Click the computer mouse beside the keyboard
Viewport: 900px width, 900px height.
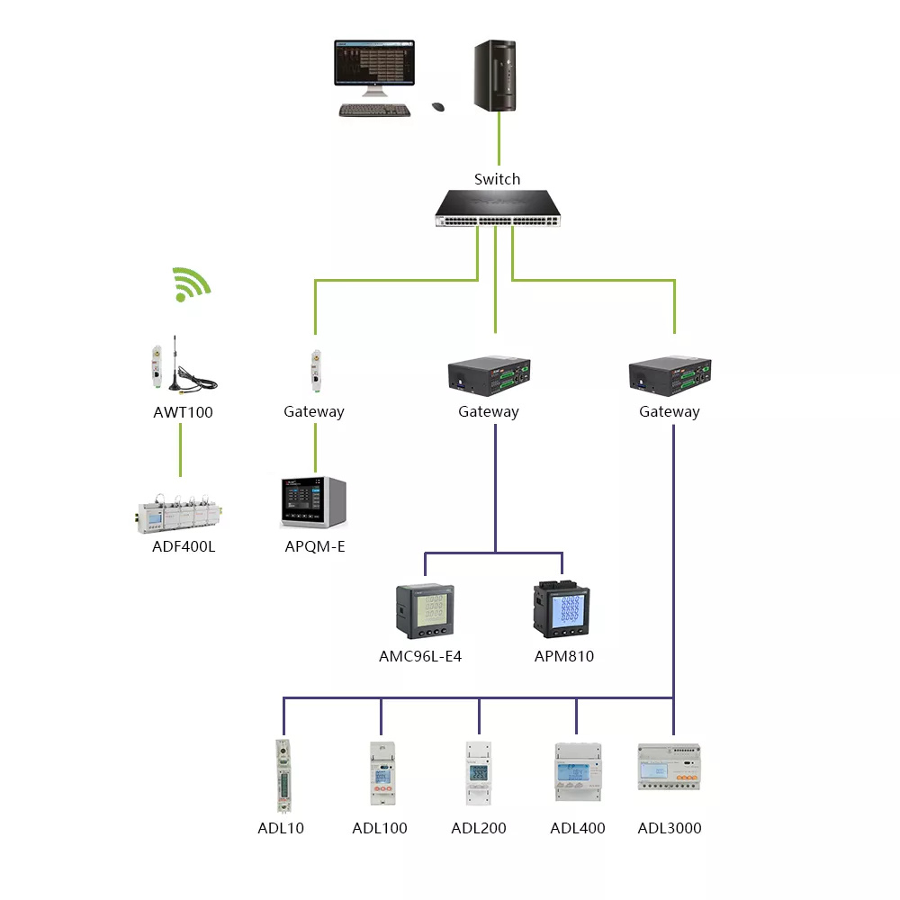point(438,107)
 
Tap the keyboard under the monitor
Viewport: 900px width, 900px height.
point(374,110)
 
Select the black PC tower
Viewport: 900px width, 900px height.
point(495,76)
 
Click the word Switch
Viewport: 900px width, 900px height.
point(497,179)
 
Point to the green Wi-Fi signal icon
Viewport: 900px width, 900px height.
point(192,284)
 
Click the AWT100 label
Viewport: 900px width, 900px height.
point(183,412)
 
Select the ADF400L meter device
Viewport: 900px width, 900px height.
point(179,513)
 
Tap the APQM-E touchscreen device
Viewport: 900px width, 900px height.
point(313,502)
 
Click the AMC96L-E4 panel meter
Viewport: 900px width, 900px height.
point(425,611)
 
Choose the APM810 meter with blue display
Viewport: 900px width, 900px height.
point(562,609)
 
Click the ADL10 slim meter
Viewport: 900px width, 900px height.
point(283,776)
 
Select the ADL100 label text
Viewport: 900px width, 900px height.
point(380,828)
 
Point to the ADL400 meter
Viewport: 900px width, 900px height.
point(578,772)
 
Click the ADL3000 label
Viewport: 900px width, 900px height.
point(670,828)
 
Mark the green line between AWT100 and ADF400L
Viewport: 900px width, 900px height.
point(180,450)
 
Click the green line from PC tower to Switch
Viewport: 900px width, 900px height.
point(499,139)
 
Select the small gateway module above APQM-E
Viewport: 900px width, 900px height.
point(316,372)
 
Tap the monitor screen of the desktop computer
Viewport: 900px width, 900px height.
point(374,63)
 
